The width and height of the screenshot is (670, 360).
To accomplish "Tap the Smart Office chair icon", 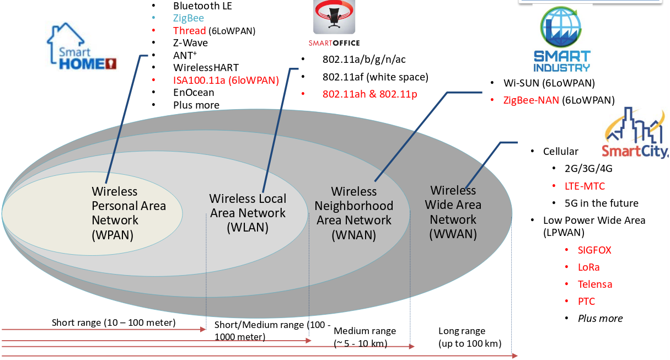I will click(334, 17).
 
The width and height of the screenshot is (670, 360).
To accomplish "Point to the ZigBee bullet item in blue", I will click(189, 18).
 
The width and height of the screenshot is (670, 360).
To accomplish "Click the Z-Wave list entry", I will click(190, 42).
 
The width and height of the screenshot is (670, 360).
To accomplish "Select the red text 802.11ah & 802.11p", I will click(369, 94).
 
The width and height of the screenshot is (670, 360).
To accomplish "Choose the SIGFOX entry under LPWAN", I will click(594, 250).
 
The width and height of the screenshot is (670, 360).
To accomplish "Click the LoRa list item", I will click(588, 267).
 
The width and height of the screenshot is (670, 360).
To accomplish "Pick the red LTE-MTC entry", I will click(585, 186).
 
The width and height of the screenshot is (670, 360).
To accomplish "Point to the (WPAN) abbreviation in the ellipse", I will click(114, 234).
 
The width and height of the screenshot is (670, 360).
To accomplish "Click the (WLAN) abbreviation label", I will click(248, 227).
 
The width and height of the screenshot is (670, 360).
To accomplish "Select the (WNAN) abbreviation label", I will click(353, 235).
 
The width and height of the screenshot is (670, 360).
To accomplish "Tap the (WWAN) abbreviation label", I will click(453, 234).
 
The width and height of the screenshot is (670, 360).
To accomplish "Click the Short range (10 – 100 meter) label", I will click(114, 323).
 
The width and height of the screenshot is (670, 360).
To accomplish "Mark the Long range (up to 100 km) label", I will click(469, 337).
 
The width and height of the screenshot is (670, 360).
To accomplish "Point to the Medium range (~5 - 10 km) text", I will click(365, 337).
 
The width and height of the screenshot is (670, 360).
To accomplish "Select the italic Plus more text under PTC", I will click(600, 318).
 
